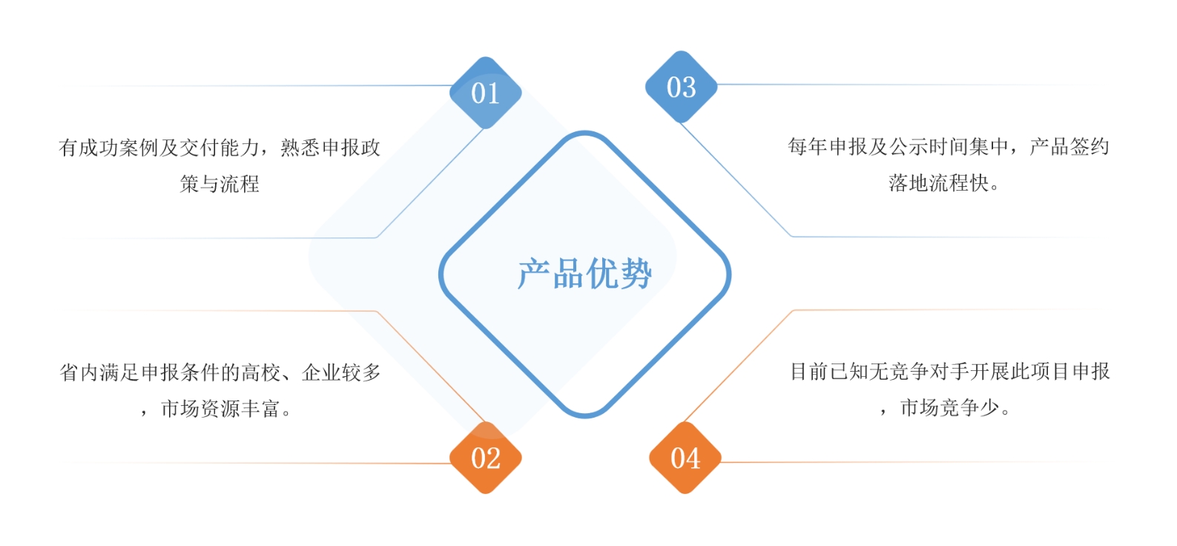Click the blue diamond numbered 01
[x=486, y=93]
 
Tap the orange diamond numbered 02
[x=486, y=458]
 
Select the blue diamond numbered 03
[x=681, y=88]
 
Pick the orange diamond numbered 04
[x=685, y=458]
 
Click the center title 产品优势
[x=584, y=274]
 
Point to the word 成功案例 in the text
[x=119, y=148]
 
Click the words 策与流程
[x=220, y=184]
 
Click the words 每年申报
[x=828, y=147]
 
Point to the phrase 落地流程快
[x=938, y=183]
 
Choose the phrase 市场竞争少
[x=949, y=407]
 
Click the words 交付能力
[x=220, y=148]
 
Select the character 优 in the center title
[x=601, y=274]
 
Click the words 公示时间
[x=938, y=147]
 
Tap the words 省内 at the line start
[x=79, y=372]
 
